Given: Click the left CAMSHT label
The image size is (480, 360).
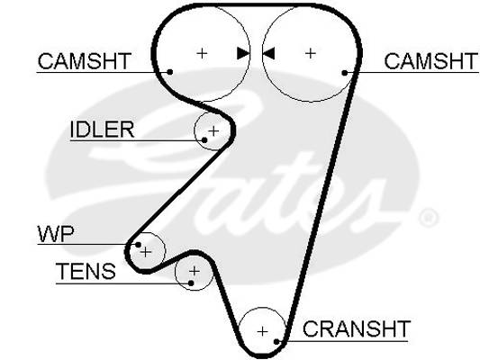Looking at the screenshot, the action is (x=85, y=61).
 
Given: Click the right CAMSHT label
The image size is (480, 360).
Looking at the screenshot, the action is (x=430, y=61).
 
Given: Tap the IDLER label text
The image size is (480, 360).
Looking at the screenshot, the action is (x=102, y=130).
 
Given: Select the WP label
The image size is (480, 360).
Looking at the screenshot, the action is (x=56, y=234).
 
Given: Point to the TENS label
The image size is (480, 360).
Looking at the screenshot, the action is (x=86, y=271).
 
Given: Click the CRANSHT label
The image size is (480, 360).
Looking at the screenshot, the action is (x=357, y=328).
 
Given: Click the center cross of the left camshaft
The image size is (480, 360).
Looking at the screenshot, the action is (x=202, y=53).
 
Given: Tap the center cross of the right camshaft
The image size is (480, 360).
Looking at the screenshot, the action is (x=311, y=53).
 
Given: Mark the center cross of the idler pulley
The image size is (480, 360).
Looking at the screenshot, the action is (x=213, y=131).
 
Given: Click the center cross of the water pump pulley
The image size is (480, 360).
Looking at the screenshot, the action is (x=146, y=252).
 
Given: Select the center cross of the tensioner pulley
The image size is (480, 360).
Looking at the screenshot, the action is (x=195, y=271).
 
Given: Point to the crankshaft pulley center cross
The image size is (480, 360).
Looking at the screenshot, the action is (x=262, y=331).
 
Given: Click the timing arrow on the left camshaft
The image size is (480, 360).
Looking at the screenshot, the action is (x=243, y=53).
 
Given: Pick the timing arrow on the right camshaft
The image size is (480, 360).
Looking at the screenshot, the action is (x=268, y=53).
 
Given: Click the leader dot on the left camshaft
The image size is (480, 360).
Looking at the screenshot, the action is (x=170, y=72).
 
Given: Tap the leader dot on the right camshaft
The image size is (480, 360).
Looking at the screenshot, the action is (x=345, y=73).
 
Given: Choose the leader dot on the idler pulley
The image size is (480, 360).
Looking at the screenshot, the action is (x=204, y=140).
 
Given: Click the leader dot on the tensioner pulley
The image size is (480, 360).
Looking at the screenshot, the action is (x=191, y=283).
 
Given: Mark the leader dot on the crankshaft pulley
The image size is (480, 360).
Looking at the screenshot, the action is (x=276, y=341).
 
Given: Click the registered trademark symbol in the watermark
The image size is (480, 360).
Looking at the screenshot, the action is (x=429, y=218).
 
